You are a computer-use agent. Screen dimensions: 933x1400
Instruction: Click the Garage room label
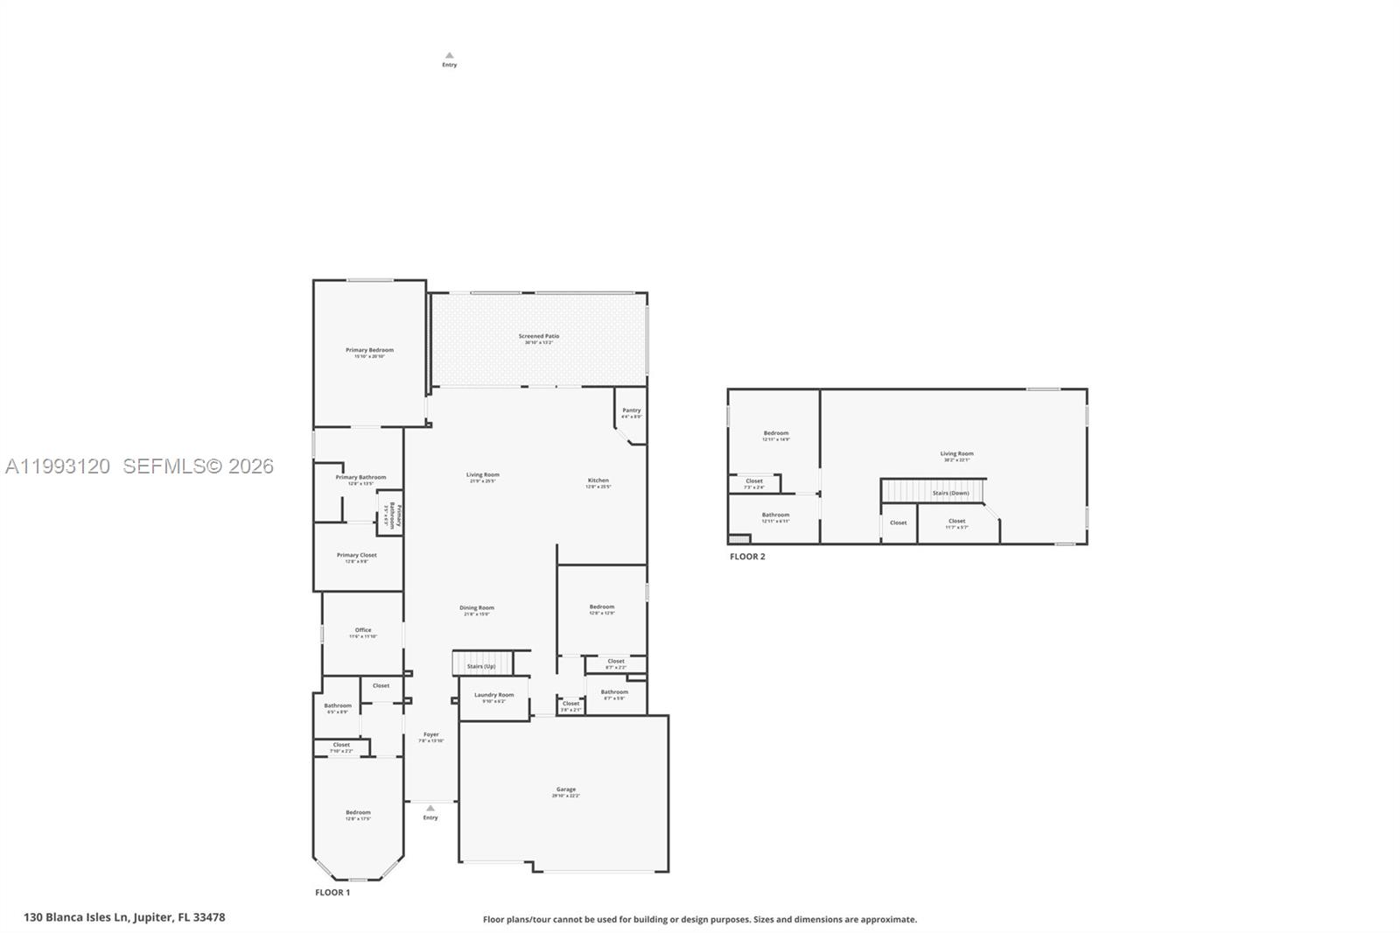point(565,789)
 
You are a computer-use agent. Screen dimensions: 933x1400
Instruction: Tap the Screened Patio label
point(538,336)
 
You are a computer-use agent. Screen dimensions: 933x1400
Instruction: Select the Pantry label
point(631,410)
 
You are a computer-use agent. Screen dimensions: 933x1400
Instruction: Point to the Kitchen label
point(598,481)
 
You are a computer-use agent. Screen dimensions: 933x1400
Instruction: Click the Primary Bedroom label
point(369,350)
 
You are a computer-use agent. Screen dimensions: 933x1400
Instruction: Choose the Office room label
point(363,630)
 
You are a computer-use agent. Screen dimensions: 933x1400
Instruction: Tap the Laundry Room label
point(493,695)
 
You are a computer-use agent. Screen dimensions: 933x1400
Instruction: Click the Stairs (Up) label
point(480,666)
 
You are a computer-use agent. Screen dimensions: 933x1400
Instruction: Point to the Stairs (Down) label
point(950,493)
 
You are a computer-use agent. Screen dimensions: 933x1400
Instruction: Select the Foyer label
point(430,734)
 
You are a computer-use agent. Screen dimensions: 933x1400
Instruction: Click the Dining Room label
point(477,607)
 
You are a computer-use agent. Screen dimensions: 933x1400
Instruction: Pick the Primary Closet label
point(357,555)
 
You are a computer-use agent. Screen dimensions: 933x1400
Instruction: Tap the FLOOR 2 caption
point(747,557)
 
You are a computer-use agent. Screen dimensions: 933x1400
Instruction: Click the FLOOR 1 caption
point(332,893)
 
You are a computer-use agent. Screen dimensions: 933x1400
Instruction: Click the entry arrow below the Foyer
point(430,809)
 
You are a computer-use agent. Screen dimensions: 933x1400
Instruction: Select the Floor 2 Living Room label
point(956,454)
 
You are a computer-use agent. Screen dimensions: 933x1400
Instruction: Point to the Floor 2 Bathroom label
point(775,516)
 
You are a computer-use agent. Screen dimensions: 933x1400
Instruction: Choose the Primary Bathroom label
point(360,478)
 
